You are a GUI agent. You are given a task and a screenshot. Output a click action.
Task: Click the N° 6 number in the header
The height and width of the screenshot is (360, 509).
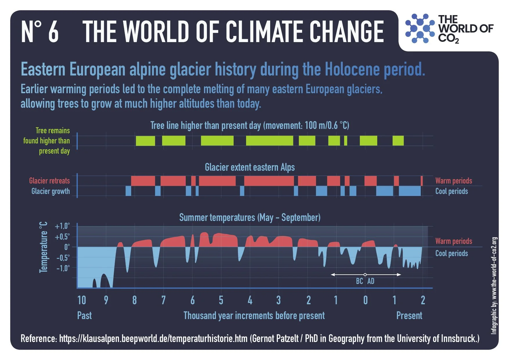pyautogui.click(x=40, y=32)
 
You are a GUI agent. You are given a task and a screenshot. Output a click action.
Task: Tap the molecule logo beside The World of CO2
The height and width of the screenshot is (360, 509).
pyautogui.click(x=420, y=28)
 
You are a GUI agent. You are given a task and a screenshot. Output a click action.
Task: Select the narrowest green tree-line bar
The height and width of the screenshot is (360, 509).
pyautogui.click(x=345, y=141)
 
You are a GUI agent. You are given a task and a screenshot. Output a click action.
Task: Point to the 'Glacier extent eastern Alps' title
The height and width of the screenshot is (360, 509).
pyautogui.click(x=250, y=167)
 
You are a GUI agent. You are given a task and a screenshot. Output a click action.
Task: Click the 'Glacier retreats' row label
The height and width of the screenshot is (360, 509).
pyautogui.click(x=49, y=181)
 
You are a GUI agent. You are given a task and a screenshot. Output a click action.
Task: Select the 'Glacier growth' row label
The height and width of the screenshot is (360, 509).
pyautogui.click(x=50, y=191)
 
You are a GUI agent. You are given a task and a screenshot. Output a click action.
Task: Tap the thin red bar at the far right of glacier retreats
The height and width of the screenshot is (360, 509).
pyautogui.click(x=422, y=181)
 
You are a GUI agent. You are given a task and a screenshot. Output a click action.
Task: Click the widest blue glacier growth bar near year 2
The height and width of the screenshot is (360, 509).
pyautogui.click(x=409, y=191)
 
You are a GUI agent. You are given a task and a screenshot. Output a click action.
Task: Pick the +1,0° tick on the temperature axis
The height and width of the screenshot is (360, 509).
pyautogui.click(x=62, y=226)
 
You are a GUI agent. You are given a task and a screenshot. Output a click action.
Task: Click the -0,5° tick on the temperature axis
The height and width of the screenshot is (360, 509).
pyautogui.click(x=63, y=258)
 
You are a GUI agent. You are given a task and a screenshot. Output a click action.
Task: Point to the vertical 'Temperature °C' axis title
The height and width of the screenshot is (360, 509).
pyautogui.click(x=43, y=247)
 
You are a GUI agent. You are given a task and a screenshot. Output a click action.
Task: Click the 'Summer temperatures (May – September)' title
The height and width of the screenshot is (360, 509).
pyautogui.click(x=250, y=217)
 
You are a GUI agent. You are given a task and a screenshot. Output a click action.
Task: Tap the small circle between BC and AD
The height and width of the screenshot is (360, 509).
pyautogui.click(x=365, y=274)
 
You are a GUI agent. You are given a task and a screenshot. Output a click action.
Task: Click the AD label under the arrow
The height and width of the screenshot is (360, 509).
pyautogui.click(x=371, y=281)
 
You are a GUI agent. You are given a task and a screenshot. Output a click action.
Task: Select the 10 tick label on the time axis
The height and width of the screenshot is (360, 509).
pyautogui.click(x=82, y=300)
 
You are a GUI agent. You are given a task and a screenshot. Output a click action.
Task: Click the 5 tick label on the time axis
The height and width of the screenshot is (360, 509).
pyautogui.click(x=221, y=300)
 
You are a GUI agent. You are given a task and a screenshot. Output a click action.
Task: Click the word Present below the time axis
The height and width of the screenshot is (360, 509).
pyautogui.click(x=409, y=316)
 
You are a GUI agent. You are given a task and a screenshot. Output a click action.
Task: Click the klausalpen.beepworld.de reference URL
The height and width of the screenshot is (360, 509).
pyautogui.click(x=153, y=339)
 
